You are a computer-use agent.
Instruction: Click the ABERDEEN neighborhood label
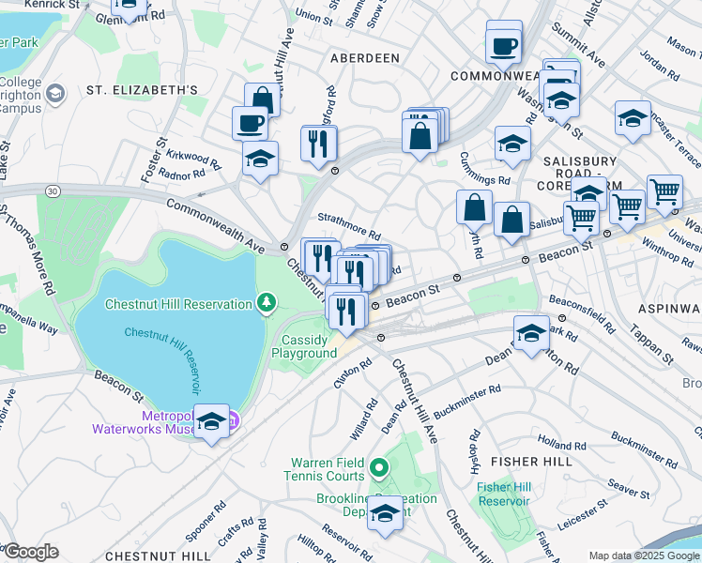(x=365, y=58)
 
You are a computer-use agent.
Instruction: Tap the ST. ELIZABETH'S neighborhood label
(x=142, y=90)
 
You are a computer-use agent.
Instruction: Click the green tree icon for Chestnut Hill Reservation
(x=268, y=303)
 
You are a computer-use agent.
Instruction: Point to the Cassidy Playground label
(x=304, y=346)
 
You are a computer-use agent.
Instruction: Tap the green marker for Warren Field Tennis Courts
(x=378, y=465)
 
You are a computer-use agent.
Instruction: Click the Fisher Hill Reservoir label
(x=506, y=495)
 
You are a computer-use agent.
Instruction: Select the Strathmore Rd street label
(x=348, y=226)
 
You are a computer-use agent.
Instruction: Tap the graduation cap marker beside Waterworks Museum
(x=212, y=423)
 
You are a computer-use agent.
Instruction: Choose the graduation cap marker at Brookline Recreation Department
(x=384, y=512)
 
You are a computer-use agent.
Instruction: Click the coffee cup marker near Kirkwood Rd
(x=251, y=123)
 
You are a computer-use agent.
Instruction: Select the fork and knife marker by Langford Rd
(x=318, y=143)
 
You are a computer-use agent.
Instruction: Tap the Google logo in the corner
(x=30, y=552)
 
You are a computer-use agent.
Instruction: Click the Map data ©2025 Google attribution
(x=644, y=555)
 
